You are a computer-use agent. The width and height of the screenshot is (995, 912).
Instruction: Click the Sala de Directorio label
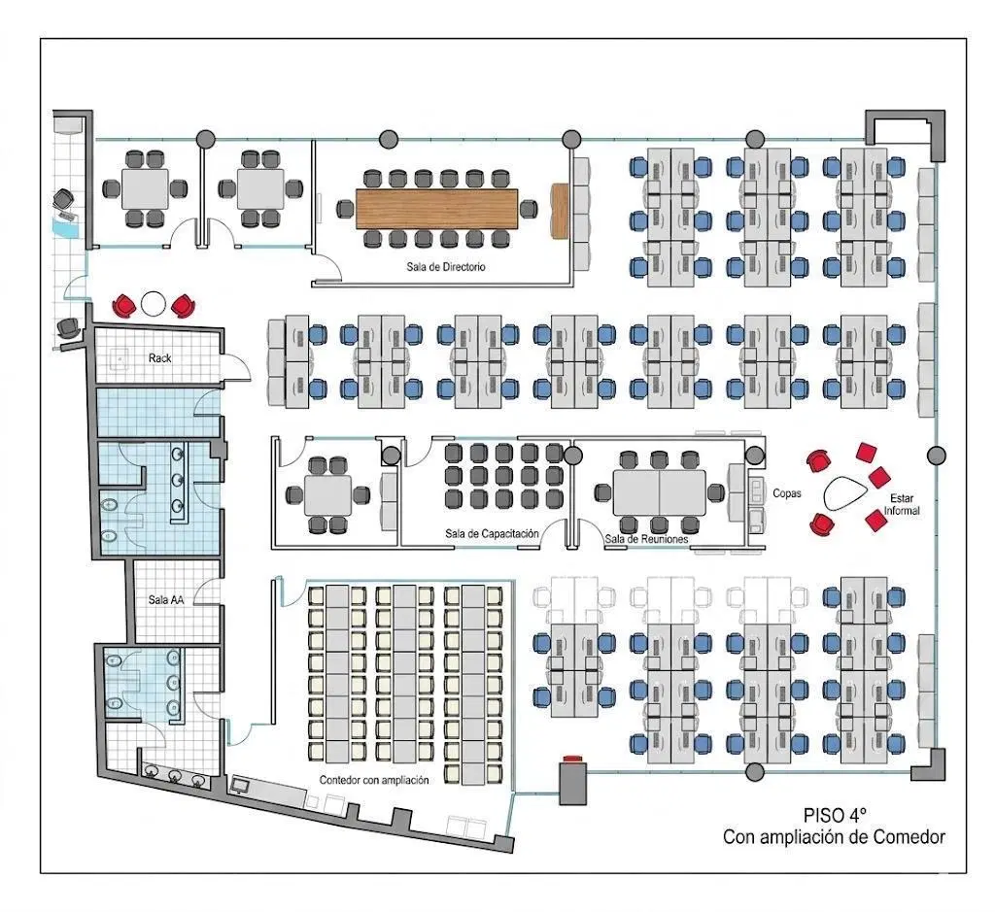click(x=445, y=267)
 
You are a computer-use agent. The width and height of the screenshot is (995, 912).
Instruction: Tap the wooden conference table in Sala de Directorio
click(x=436, y=208)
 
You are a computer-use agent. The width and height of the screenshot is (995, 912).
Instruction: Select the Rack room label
click(x=160, y=357)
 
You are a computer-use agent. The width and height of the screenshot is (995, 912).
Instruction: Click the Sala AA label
click(x=166, y=599)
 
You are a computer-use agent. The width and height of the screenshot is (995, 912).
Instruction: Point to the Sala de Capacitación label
click(x=492, y=534)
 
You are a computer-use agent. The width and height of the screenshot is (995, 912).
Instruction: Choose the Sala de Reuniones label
click(x=646, y=539)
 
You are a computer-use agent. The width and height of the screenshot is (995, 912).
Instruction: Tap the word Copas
click(x=787, y=492)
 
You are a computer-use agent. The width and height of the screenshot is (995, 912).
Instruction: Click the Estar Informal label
click(x=902, y=504)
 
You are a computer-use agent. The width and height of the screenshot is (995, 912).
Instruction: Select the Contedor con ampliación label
click(x=374, y=780)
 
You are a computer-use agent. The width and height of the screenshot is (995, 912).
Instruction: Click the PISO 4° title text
click(x=835, y=815)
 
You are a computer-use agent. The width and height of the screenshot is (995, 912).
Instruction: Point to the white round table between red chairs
click(x=153, y=304)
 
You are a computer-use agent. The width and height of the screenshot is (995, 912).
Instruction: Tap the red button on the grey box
click(x=572, y=759)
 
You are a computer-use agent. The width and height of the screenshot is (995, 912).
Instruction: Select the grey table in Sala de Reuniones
click(x=660, y=492)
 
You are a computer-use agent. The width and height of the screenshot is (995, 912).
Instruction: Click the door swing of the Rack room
click(x=237, y=368)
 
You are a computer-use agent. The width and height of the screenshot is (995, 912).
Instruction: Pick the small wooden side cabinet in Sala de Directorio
click(x=560, y=211)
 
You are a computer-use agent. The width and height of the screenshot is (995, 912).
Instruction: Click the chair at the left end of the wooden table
click(x=345, y=209)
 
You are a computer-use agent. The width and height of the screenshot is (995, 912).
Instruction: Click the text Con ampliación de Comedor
click(x=834, y=837)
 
